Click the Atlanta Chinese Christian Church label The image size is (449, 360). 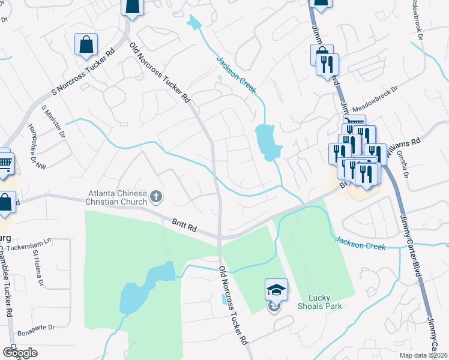(x=118, y=197)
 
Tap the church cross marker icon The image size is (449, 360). (x=156, y=196)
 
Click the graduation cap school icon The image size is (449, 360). (x=276, y=290)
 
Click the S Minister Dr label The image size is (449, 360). (x=53, y=121)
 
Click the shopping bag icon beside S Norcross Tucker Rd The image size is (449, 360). (x=86, y=45)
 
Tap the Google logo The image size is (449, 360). (x=20, y=352)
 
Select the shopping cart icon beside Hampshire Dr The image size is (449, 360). (x=5, y=162)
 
